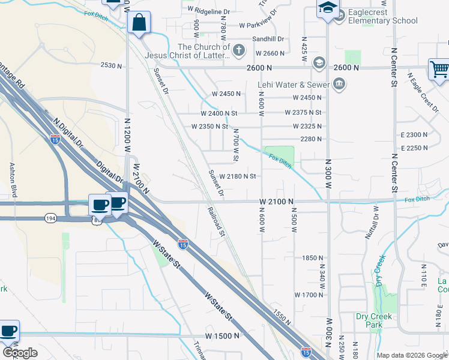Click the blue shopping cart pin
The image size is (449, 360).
coord(439,70)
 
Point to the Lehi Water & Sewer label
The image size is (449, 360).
coord(294,85)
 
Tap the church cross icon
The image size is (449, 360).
coord(239,50)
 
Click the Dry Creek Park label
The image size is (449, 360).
coord(373,320)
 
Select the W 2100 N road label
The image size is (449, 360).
coord(276,202)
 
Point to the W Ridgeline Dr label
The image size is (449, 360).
coord(209,11)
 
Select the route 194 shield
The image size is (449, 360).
coord(50,218)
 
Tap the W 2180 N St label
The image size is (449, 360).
coord(238,176)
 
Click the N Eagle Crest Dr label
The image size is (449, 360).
coord(423,92)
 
